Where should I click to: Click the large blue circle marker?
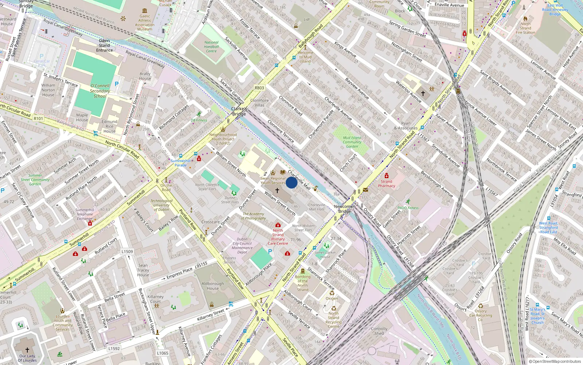(291, 182)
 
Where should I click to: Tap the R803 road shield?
(259, 88)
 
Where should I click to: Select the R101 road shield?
(38, 118)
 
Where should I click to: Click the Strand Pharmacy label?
(387, 184)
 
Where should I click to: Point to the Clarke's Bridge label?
(239, 111)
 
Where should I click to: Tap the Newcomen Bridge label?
(344, 209)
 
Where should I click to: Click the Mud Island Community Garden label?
(352, 142)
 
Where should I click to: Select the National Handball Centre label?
(211, 47)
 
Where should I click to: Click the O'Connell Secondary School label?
(100, 91)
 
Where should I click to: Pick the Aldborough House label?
(213, 286)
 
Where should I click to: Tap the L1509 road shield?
(127, 251)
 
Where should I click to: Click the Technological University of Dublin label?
(161, 205)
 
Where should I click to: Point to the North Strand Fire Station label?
(525, 28)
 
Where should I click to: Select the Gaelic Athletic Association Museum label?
(145, 23)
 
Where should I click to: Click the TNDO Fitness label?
(408, 208)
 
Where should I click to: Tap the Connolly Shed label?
(379, 331)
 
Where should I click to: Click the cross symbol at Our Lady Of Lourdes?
(27, 350)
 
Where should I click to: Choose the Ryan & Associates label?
(406, 126)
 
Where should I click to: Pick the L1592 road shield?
(114, 349)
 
